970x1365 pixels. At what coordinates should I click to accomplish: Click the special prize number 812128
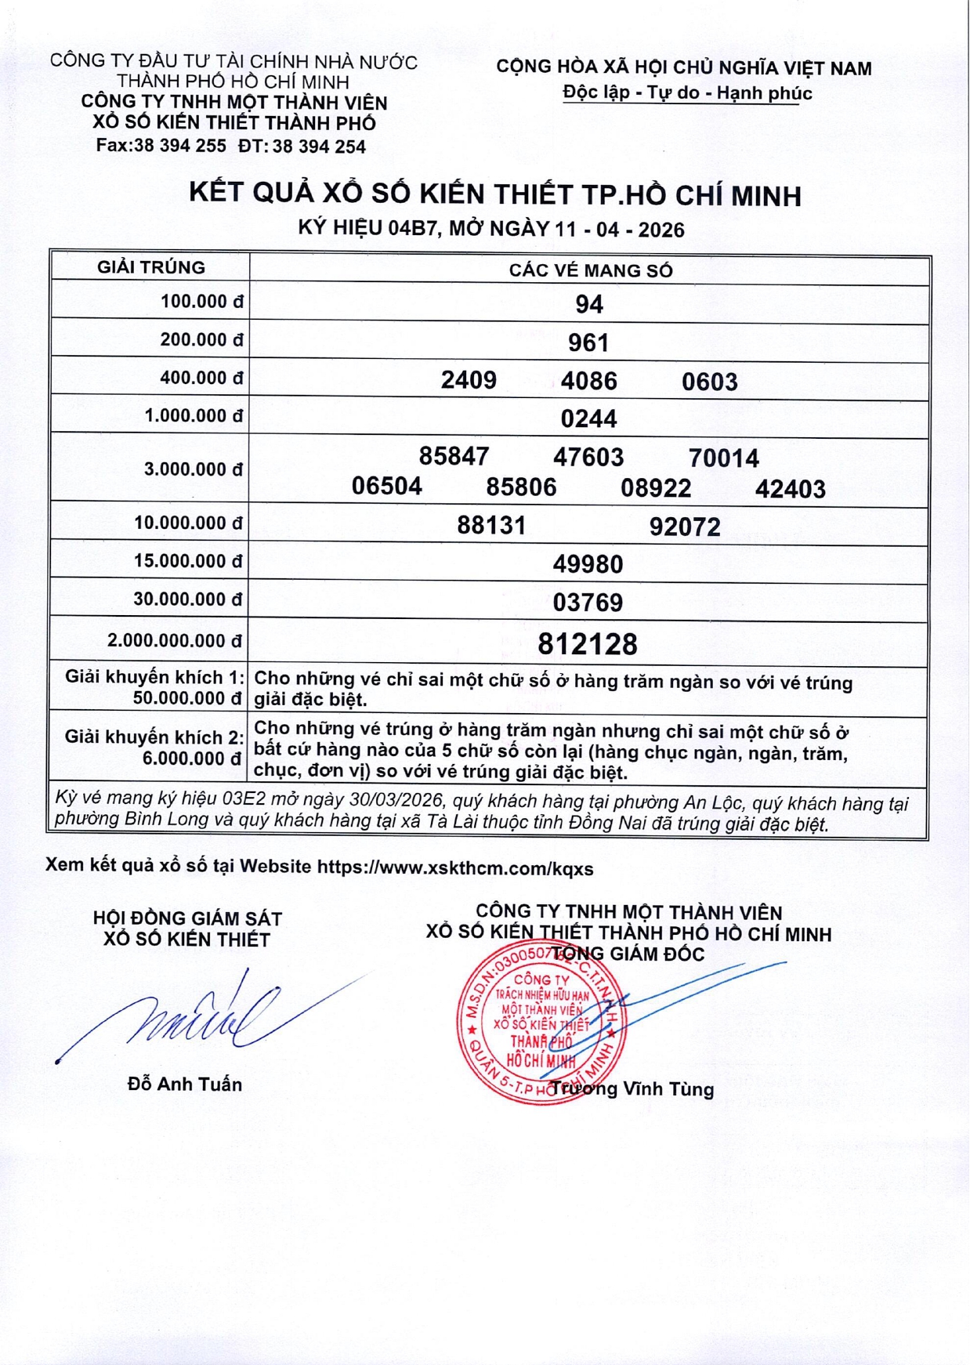588,644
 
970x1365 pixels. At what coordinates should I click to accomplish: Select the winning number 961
588,342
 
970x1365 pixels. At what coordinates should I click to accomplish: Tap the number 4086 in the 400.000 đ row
588,382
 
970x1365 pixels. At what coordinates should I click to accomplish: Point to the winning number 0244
588,418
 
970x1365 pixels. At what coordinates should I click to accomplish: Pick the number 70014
723,458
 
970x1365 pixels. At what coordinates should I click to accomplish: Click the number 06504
386,487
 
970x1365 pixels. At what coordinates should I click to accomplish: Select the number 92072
685,527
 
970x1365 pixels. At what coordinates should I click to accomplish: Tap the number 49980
588,564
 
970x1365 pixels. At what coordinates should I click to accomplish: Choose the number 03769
588,603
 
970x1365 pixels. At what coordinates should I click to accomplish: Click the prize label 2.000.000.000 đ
175,641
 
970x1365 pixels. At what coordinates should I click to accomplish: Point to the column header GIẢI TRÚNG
151,268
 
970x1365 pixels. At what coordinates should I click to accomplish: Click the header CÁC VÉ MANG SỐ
591,271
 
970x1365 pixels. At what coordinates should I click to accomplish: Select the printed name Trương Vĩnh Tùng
632,1089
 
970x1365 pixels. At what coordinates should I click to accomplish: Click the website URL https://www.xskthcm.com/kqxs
455,868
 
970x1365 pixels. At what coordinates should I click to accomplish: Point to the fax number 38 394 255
180,146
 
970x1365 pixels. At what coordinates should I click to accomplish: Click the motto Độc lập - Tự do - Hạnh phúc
687,93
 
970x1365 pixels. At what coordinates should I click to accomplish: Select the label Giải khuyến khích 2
154,737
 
